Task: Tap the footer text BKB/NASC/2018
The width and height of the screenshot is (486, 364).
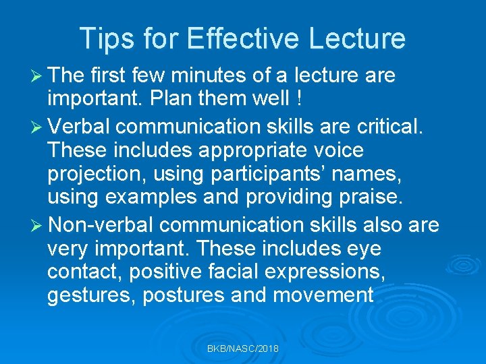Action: tap(243, 348)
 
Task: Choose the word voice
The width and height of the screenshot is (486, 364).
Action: tap(335, 150)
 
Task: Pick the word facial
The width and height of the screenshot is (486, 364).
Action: tap(241, 273)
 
